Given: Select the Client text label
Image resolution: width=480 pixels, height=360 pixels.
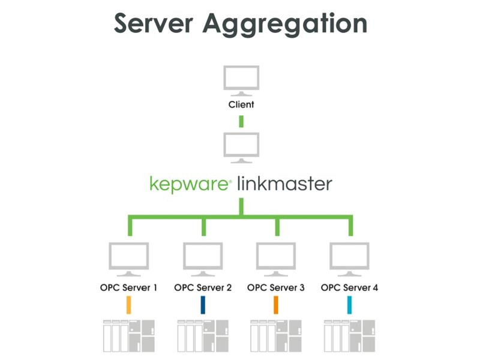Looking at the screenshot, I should click(241, 104).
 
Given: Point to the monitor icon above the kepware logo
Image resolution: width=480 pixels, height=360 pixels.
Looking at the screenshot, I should click(241, 147).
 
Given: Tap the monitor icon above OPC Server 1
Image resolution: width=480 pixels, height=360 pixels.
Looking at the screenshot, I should click(128, 257).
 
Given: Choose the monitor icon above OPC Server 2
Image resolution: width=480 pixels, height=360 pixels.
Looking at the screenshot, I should click(203, 257).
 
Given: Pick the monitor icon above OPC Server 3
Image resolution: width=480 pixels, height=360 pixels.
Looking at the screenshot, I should click(276, 257).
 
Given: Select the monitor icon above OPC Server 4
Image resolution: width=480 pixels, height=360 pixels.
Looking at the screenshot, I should click(350, 257).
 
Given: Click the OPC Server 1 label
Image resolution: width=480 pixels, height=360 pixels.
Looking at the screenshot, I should click(128, 287).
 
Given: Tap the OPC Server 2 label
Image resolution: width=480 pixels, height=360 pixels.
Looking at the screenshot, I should click(203, 287).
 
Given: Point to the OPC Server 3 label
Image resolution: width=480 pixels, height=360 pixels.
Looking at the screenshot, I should click(276, 287).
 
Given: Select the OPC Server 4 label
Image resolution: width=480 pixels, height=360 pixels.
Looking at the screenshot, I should click(350, 287).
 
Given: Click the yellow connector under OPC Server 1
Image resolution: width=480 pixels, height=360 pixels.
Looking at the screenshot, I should click(128, 305).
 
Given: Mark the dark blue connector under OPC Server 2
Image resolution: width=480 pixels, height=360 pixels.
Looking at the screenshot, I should click(203, 305).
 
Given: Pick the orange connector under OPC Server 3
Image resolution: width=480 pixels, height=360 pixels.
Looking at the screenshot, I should click(276, 305).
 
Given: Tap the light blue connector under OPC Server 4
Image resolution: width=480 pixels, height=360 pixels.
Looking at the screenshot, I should click(350, 305).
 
